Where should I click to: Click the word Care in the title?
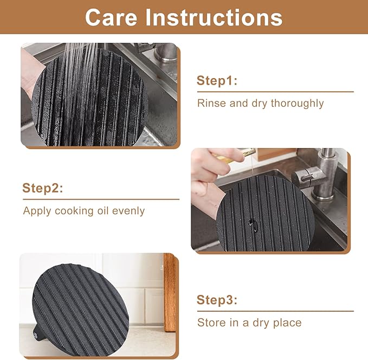click(111, 17)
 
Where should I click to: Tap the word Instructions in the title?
click(214, 17)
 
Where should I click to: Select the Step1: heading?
click(217, 81)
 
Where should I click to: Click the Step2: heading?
click(43, 188)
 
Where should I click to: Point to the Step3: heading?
click(217, 300)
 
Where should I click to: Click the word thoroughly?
click(298, 104)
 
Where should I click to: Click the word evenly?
click(128, 211)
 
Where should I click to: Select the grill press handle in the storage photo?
click(37, 332)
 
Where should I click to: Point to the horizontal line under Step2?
click(101, 199)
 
